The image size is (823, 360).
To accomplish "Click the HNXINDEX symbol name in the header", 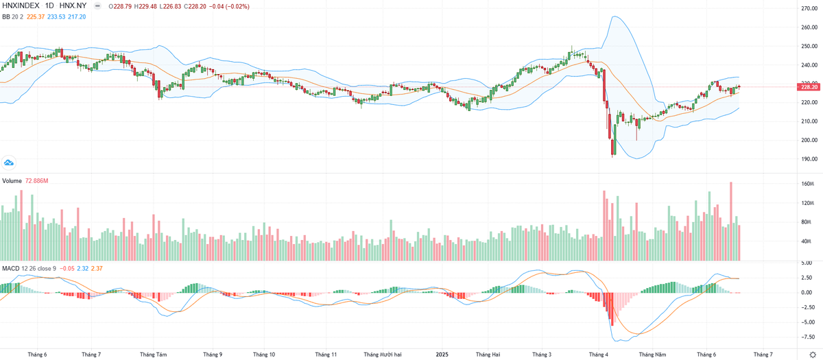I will coord(22,6).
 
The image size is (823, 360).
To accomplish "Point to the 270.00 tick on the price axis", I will coord(807,9).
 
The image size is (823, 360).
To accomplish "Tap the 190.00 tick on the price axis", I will coord(807,158).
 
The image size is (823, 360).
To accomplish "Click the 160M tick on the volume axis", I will coord(808,184).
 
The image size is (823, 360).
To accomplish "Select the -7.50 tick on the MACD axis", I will coord(807,337).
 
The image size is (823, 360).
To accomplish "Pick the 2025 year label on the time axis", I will coord(442,355).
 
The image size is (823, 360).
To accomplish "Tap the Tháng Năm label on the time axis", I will coord(652,355).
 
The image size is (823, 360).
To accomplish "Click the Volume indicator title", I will coord(12,180).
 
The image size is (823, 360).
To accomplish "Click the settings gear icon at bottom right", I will coord(812,355).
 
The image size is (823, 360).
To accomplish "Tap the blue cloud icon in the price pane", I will coord(10,163).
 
